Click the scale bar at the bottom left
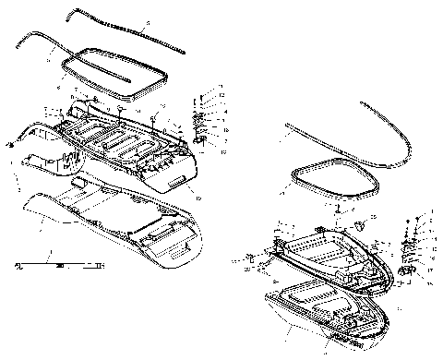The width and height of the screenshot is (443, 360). coord(60,266)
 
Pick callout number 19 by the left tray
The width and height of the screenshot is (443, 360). coord(198,196)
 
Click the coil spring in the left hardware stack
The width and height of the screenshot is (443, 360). coord(196,119)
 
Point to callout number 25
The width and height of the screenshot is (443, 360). coord(373,217)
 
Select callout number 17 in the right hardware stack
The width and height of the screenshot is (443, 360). coord(429,270)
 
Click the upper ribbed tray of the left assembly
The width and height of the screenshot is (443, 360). coord(120,143)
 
